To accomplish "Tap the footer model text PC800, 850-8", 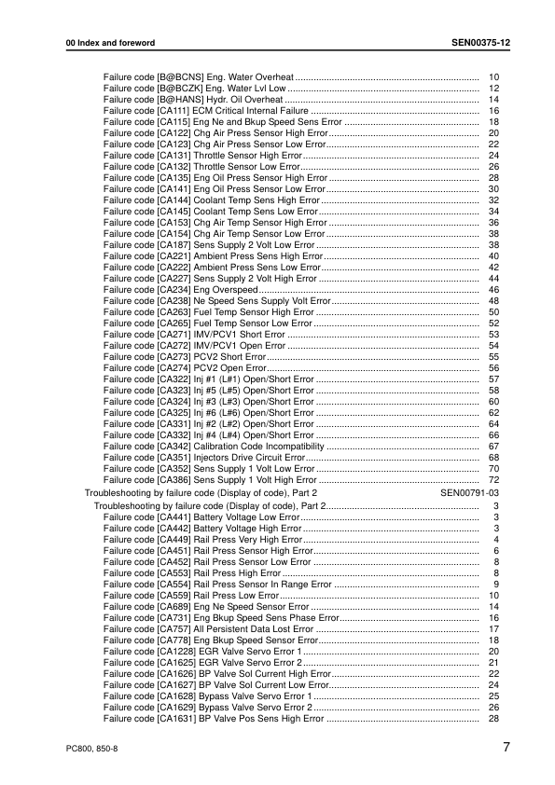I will (92, 749).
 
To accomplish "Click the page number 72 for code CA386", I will (494, 480).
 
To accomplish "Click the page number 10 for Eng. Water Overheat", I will (494, 76).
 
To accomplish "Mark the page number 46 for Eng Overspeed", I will (494, 290).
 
